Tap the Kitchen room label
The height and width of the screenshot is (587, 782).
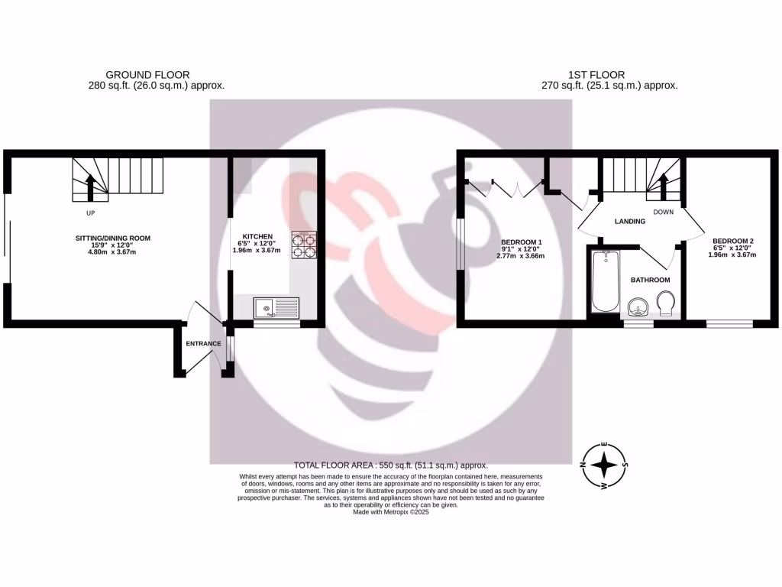point(257,236)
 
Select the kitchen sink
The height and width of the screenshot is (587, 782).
point(277,309)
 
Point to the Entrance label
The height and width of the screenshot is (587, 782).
point(203,344)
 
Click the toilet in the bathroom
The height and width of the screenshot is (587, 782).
point(664,303)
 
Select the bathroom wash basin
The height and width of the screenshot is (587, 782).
point(637,308)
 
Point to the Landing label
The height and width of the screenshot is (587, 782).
point(631,222)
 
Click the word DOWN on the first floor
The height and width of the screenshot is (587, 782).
point(664,212)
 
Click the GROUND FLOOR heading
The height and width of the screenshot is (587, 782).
point(147,75)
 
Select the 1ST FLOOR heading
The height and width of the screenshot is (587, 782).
point(596,75)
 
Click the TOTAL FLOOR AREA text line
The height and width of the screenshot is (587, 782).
point(390,465)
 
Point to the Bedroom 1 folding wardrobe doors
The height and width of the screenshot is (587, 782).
point(504,187)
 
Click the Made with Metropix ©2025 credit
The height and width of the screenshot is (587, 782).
point(391,513)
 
